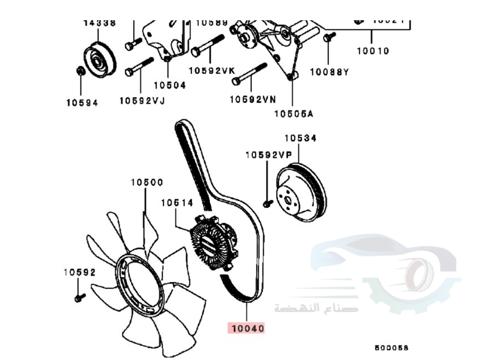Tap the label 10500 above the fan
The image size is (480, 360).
coord(147,182)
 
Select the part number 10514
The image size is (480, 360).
coord(177,203)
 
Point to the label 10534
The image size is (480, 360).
coord(300,138)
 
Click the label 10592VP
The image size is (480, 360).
coord(268,155)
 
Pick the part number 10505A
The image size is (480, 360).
coord(293,113)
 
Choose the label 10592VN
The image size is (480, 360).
coord(252,99)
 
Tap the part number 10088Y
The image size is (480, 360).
coord(329,72)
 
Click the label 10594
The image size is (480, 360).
coord(82,102)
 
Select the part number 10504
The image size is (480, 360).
coord(169,85)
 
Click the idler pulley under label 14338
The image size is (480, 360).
coord(100,60)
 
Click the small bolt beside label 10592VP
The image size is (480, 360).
coord(268,203)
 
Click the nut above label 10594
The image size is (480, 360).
coord(81,71)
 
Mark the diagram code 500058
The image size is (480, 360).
coord(392,347)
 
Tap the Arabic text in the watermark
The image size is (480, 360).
coord(316,307)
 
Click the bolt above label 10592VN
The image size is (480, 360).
coord(249,73)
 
